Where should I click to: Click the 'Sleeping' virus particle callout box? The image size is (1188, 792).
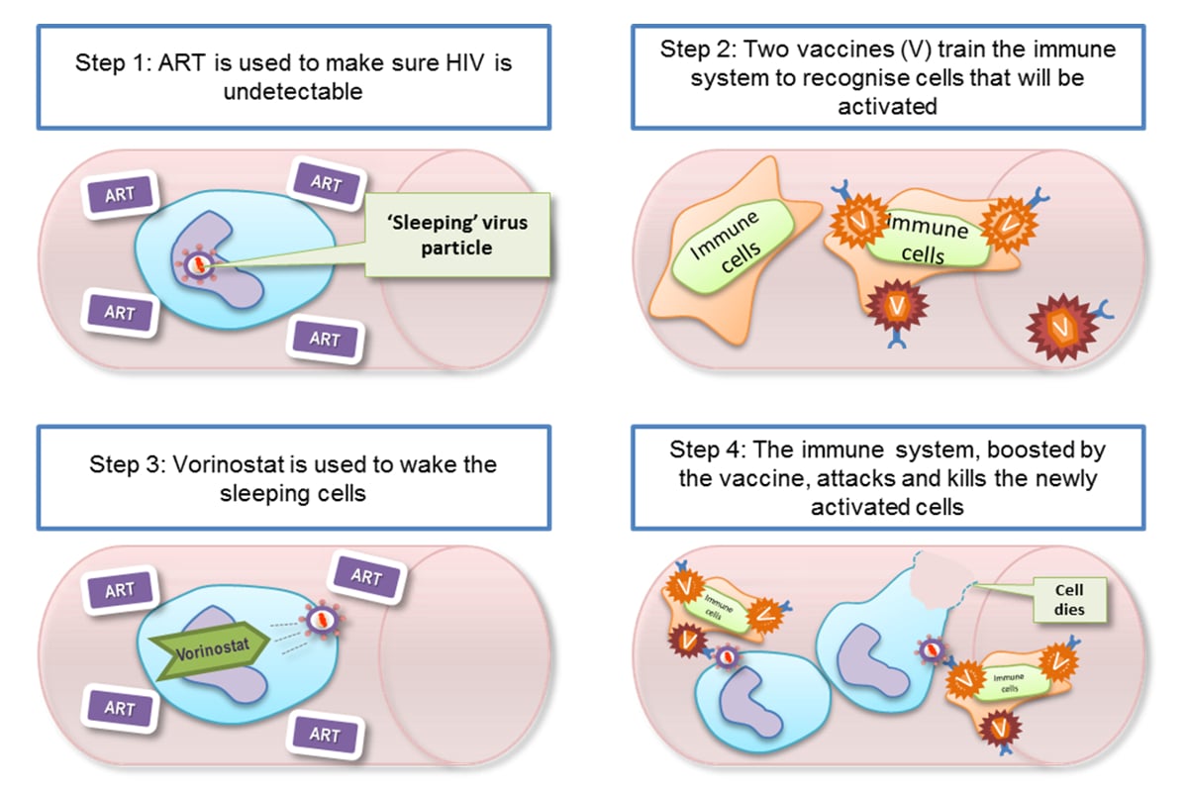[x=456, y=236]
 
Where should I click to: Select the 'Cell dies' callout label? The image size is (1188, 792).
[x=1069, y=599]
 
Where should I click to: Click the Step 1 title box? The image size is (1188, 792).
[x=293, y=76]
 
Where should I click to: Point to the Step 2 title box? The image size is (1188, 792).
[x=887, y=76]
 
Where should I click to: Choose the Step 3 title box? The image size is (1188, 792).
[x=293, y=477]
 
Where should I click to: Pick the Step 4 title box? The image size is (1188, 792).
[x=887, y=477]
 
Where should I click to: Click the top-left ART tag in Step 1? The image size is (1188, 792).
[x=120, y=194]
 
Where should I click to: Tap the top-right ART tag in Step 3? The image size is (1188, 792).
[x=366, y=576]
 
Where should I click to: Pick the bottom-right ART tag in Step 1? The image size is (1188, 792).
[x=325, y=339]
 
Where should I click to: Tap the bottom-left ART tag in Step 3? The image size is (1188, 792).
[x=120, y=707]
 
